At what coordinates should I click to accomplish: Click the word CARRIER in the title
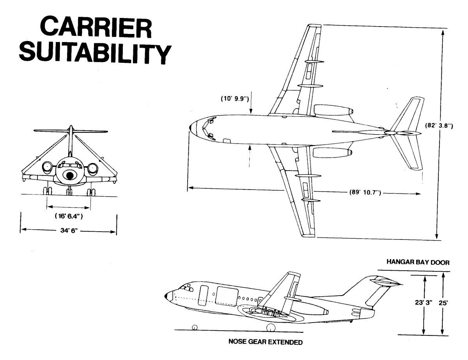pos(96,28)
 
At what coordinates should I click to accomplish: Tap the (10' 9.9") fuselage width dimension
pos(235,99)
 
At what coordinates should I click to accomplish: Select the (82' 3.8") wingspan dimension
pos(439,126)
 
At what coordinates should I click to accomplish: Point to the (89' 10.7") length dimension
pos(365,192)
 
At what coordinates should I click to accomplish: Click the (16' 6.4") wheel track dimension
pos(69,216)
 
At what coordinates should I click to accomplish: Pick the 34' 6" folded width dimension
pos(69,231)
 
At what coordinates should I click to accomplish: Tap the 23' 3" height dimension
pos(424,303)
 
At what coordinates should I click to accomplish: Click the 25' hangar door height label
pos(443,303)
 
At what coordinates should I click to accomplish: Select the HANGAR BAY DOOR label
pos(418,262)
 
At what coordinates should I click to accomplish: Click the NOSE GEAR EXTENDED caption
pos(266,342)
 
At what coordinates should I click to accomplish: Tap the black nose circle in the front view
pos(69,176)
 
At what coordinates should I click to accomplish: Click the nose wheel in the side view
pos(195,327)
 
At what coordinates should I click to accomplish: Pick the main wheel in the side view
pos(271,328)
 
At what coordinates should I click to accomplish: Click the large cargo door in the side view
pos(227,296)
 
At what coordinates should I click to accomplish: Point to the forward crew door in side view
pos(203,295)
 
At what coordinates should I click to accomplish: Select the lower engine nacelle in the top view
pos(332,153)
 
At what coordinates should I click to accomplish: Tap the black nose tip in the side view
pos(166,296)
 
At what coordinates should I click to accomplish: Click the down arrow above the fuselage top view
pos(251,103)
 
